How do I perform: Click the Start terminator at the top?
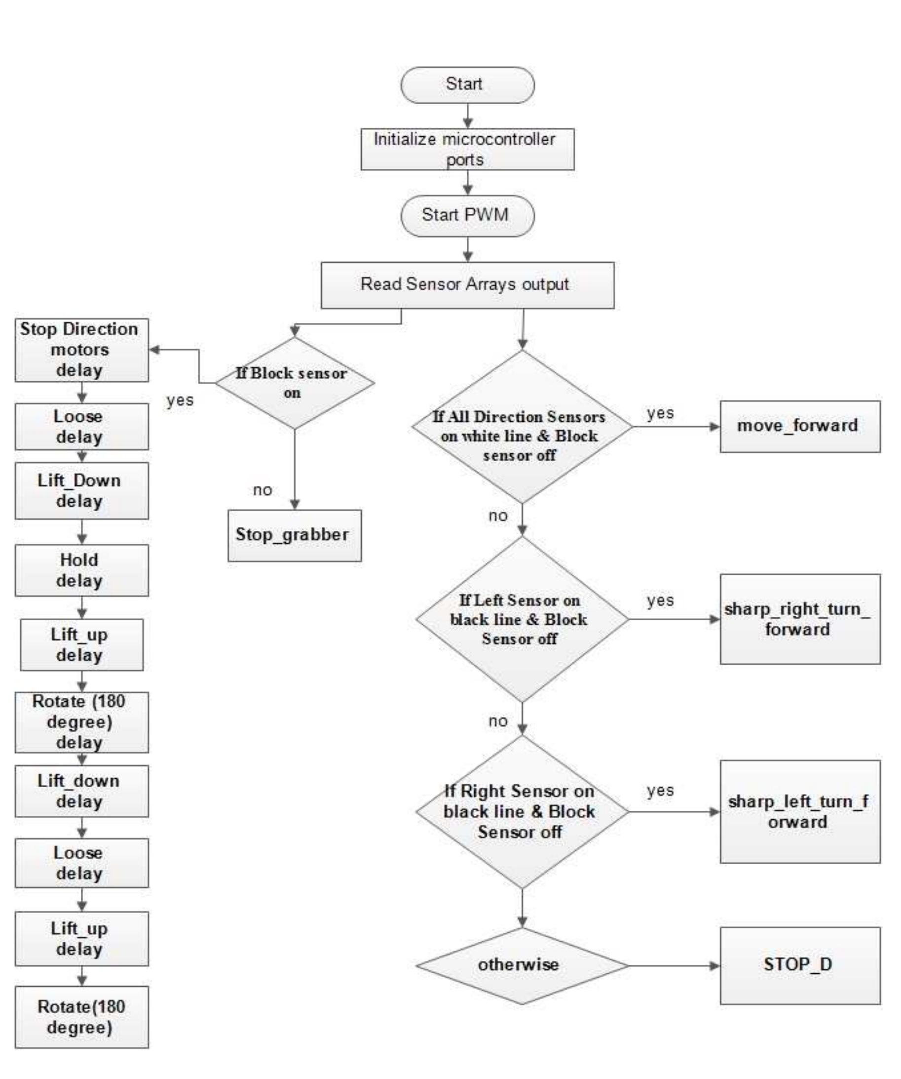click(x=467, y=85)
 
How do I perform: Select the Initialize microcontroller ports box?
click(x=467, y=149)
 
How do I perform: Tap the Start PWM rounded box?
click(x=467, y=215)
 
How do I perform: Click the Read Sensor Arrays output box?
click(x=467, y=285)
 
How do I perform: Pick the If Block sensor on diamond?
click(x=294, y=383)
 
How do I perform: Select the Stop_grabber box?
click(x=294, y=535)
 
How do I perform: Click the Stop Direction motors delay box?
click(x=81, y=350)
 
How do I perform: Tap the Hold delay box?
click(x=81, y=570)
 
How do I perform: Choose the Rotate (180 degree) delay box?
click(x=81, y=722)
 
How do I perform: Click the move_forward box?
click(x=799, y=427)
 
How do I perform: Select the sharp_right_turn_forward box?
click(x=799, y=619)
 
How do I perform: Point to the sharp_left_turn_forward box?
click(x=799, y=812)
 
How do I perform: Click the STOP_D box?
click(x=799, y=965)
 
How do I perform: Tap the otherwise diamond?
click(x=522, y=965)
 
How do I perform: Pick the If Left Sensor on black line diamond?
click(x=522, y=619)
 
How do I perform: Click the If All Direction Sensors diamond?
click(x=522, y=427)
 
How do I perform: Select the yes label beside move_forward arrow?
click(x=660, y=413)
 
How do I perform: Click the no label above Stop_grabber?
click(x=263, y=490)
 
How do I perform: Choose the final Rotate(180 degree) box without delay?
click(x=81, y=1017)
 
